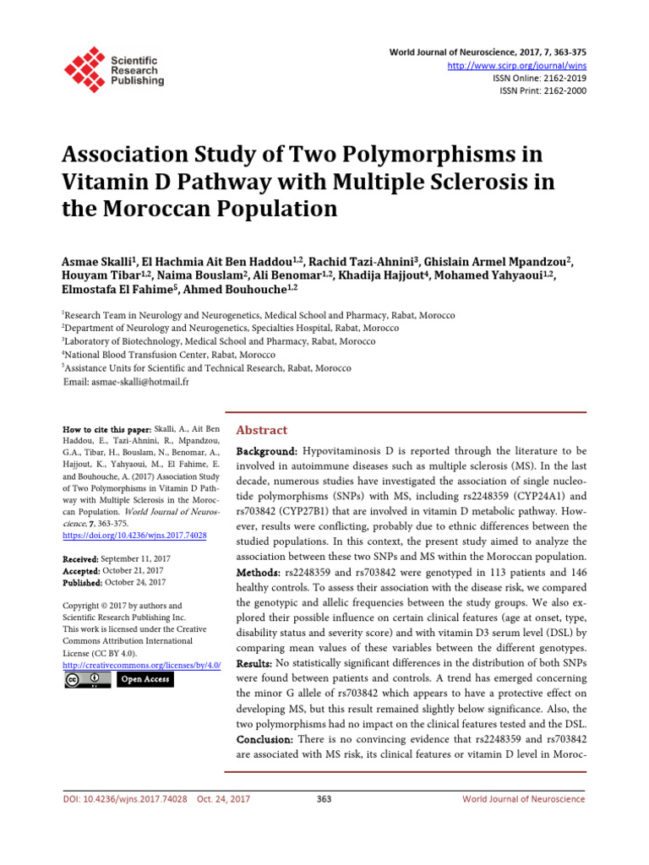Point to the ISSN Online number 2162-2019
[x=558, y=78]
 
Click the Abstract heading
[x=261, y=431]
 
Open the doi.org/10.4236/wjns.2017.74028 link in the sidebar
[x=135, y=536]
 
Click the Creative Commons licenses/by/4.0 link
[x=142, y=666]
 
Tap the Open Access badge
[x=145, y=679]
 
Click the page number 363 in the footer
[x=324, y=799]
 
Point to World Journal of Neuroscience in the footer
[x=523, y=799]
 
